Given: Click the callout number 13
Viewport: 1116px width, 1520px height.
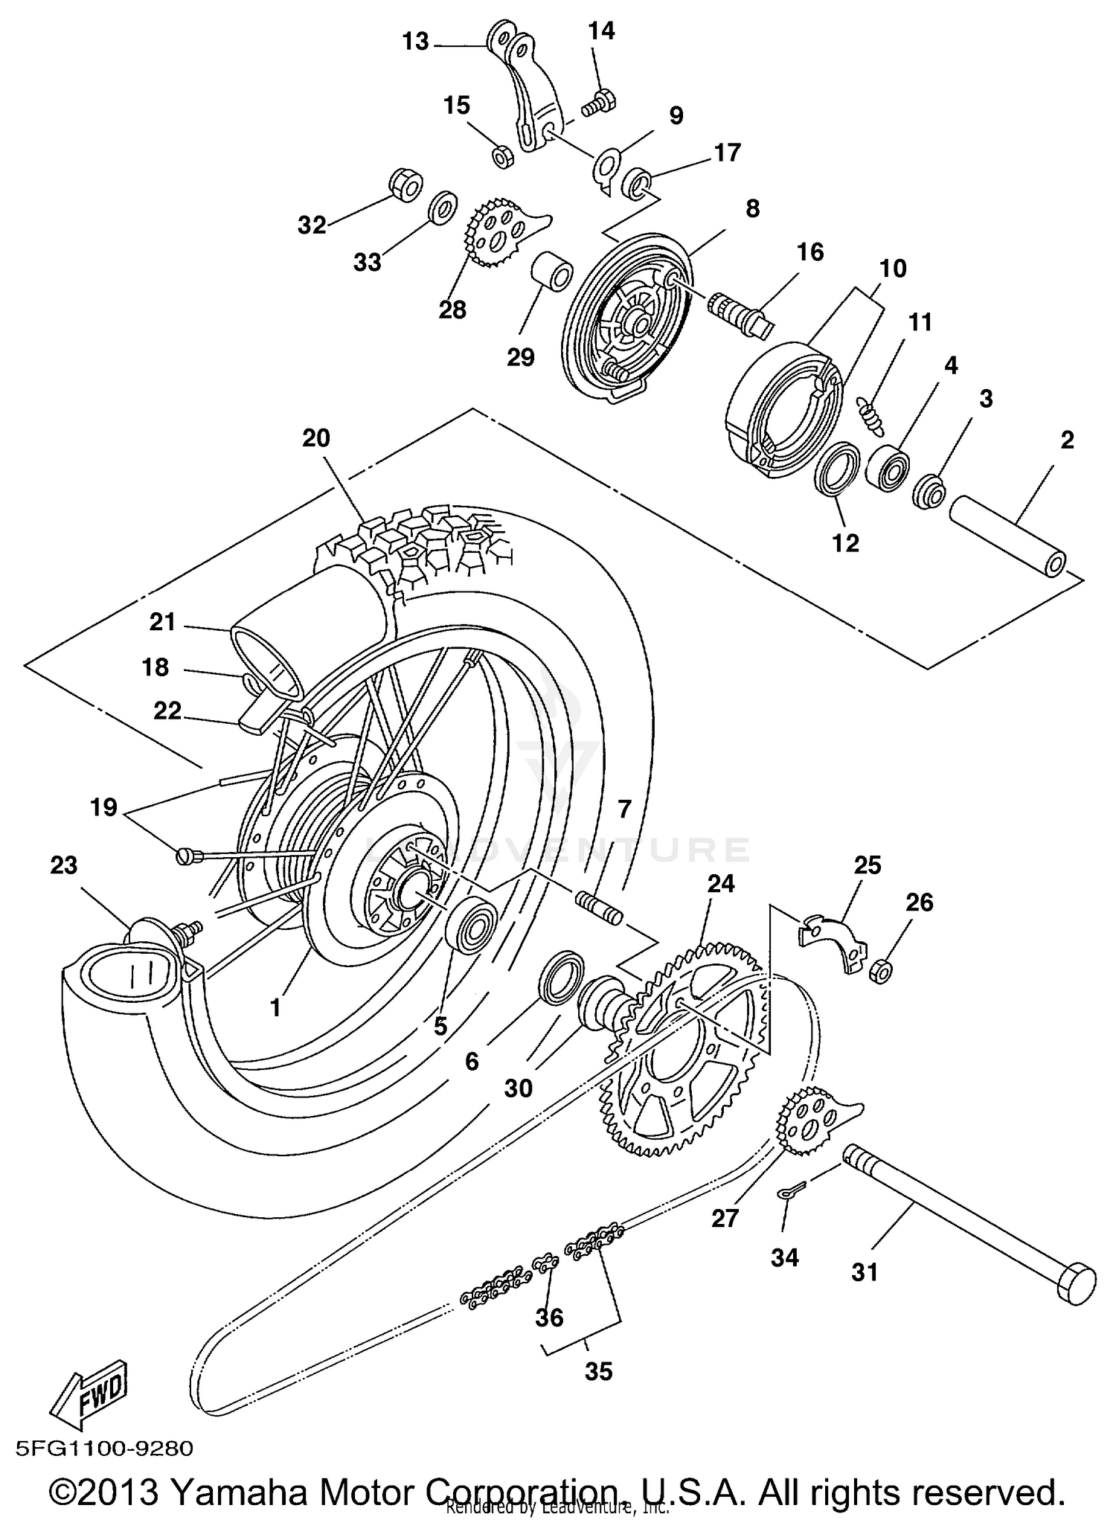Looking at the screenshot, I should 415,42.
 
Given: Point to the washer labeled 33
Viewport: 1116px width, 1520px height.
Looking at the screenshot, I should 443,207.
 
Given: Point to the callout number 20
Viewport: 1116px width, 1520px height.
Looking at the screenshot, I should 315,439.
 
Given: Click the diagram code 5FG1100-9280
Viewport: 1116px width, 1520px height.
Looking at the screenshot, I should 104,1449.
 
